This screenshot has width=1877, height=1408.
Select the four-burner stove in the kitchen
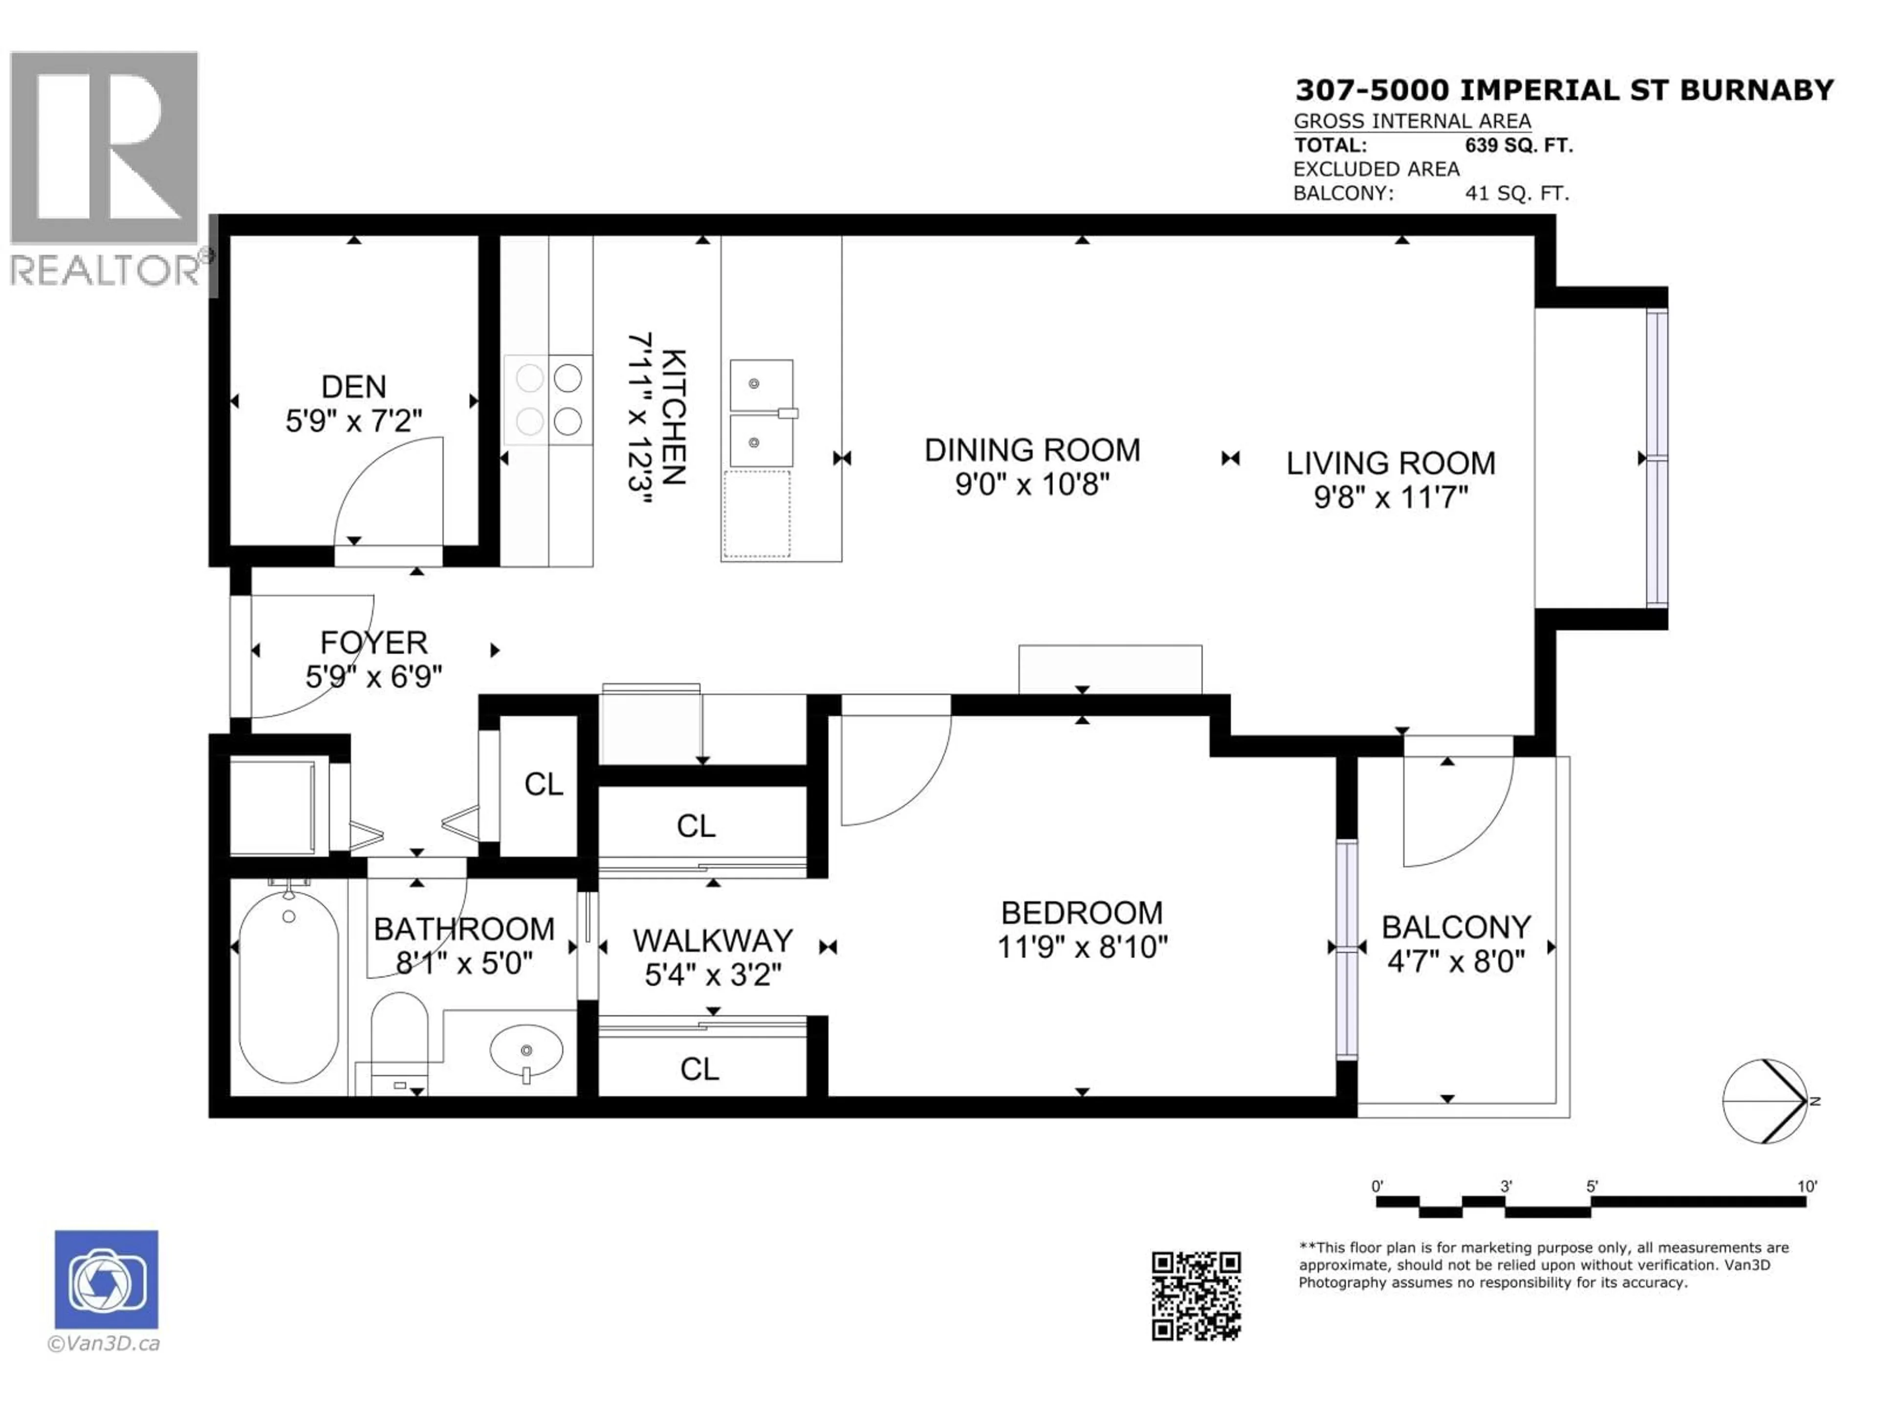pos(548,399)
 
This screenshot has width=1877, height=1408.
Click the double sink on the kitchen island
pos(761,413)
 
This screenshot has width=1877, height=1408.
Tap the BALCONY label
pos(1456,927)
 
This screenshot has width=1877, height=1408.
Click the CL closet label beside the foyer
pos(543,784)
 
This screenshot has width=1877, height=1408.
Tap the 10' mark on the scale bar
pos(1807,1187)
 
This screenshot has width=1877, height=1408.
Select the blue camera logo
pos(106,1279)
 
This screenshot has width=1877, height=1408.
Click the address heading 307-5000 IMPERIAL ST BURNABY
pos(1564,90)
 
